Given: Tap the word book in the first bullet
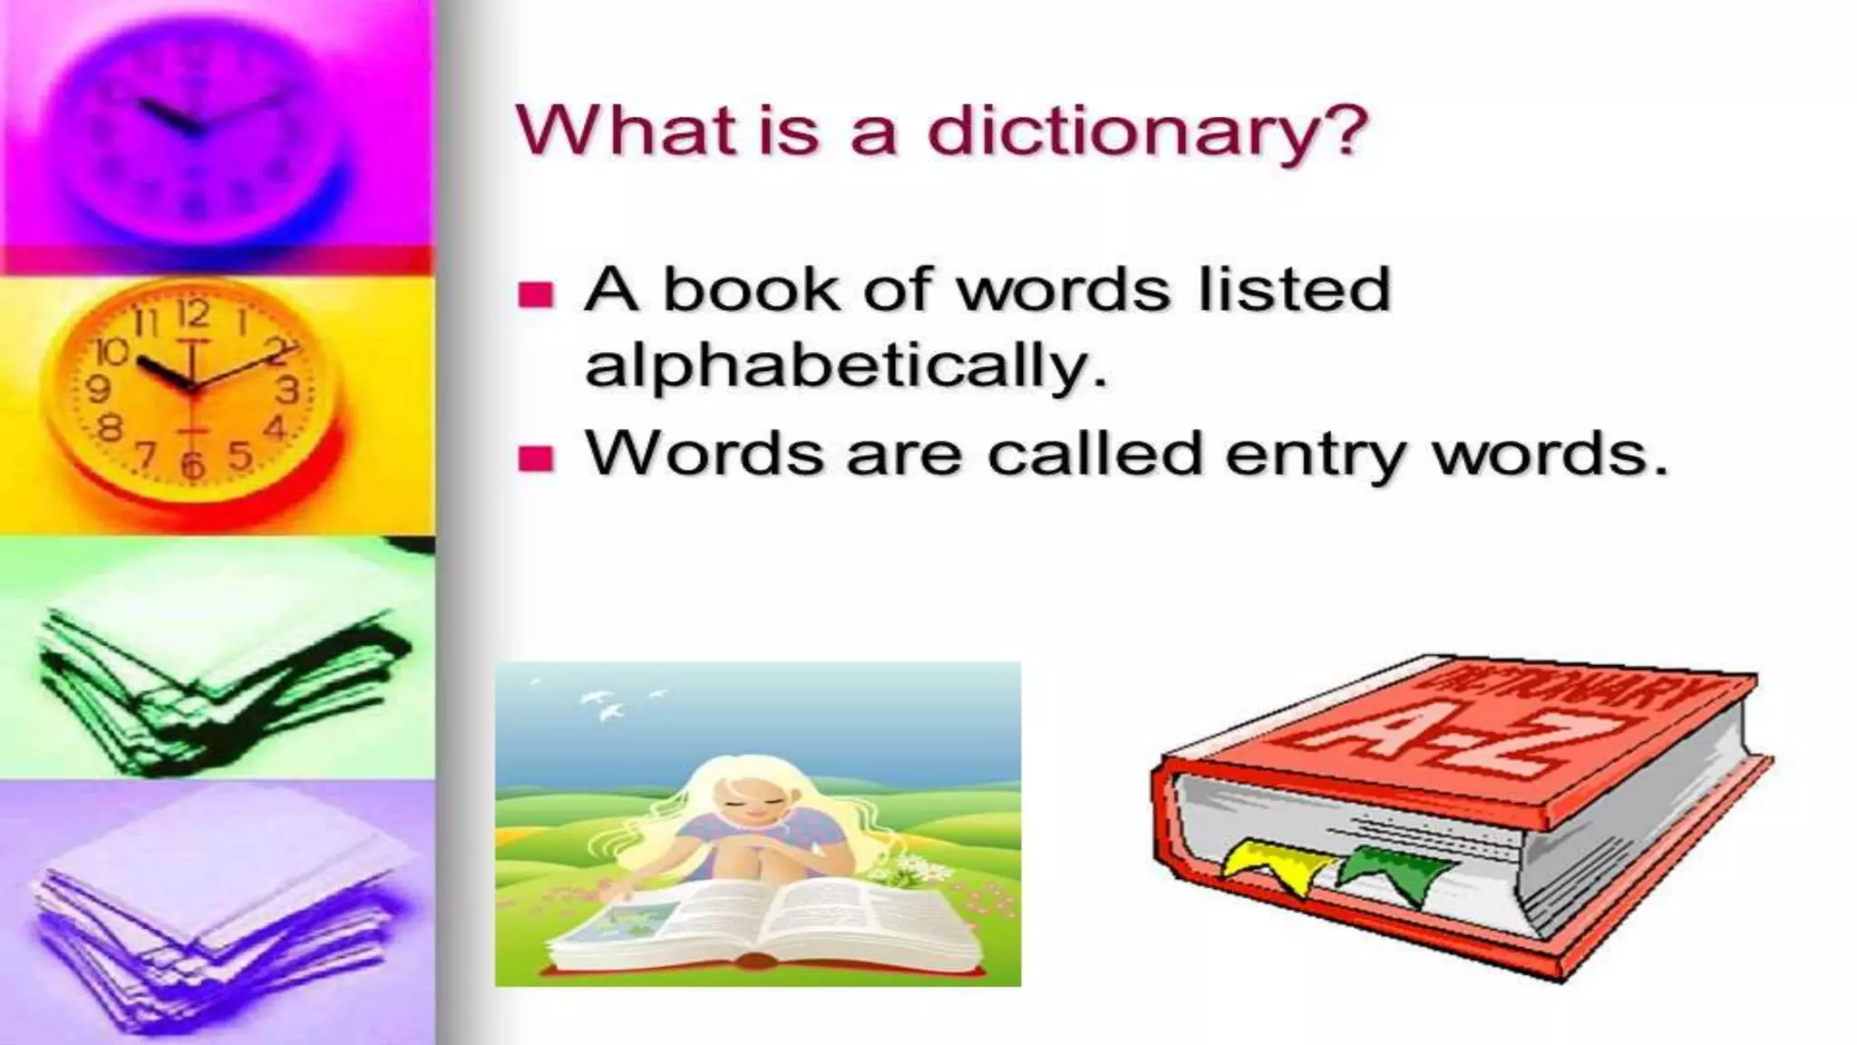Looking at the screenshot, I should [x=752, y=290].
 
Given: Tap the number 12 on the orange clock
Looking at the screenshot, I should [x=192, y=315].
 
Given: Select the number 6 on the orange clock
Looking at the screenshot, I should [x=191, y=464].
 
